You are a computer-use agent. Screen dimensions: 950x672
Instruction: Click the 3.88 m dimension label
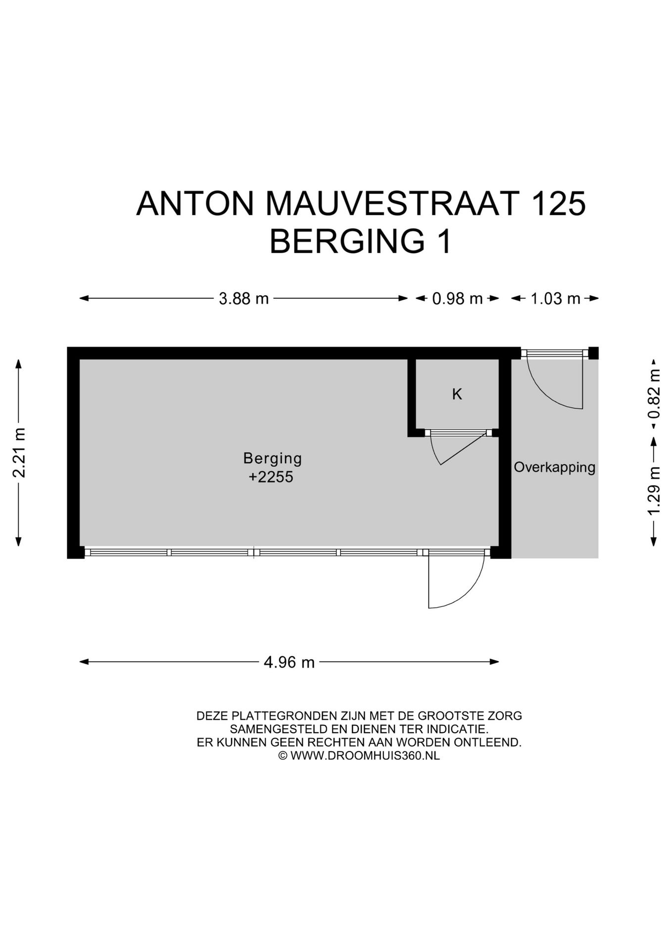click(x=243, y=299)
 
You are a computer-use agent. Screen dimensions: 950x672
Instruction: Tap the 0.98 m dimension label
click(x=457, y=299)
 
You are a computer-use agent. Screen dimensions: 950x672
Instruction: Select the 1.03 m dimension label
click(x=555, y=299)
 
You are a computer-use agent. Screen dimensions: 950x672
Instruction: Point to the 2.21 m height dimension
click(x=19, y=452)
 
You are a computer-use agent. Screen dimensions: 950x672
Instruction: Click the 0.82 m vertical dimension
click(x=654, y=394)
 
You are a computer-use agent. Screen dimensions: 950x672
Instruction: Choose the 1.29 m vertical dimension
click(x=654, y=490)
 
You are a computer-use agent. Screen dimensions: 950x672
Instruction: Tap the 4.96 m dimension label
click(x=289, y=662)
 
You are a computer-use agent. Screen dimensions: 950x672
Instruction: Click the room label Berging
click(x=272, y=458)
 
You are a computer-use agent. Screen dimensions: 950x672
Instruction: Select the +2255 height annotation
click(x=271, y=477)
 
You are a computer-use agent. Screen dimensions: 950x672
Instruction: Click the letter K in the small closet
click(x=457, y=394)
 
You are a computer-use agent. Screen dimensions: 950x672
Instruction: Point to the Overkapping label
click(x=554, y=467)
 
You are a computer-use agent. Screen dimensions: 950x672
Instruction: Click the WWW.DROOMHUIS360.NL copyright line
click(x=359, y=756)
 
